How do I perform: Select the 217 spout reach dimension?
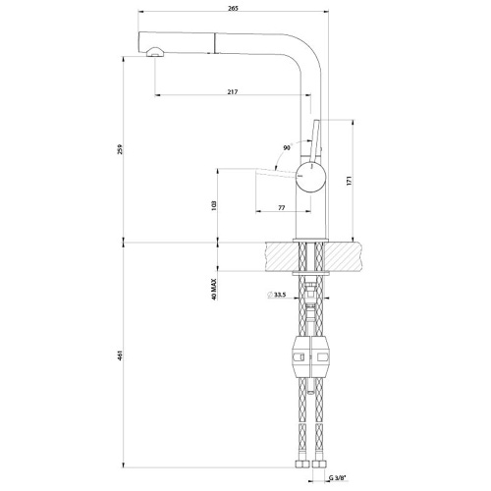[233, 91]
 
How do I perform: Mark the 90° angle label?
[286, 148]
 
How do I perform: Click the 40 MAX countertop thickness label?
[213, 289]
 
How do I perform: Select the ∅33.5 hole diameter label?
[277, 295]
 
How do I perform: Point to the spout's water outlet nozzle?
[154, 54]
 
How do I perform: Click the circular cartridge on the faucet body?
[309, 178]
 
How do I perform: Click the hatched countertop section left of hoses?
[280, 256]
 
